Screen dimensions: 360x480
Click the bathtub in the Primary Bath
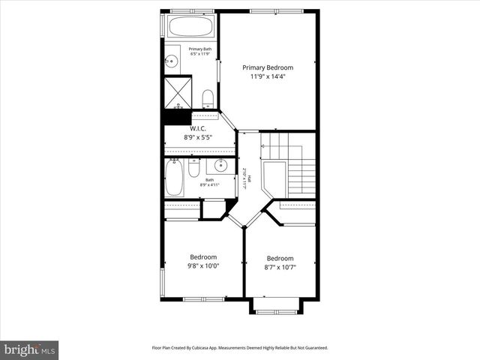click(x=190, y=26)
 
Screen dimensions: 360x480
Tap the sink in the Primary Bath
click(x=172, y=61)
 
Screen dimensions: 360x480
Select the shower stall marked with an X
click(x=178, y=93)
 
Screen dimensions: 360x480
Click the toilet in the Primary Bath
click(x=208, y=97)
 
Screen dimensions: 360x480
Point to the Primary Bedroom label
click(x=268, y=67)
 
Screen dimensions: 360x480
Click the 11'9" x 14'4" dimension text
click(x=268, y=76)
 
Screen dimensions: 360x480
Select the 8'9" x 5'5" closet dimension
click(x=198, y=137)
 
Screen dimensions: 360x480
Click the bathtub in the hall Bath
click(x=174, y=178)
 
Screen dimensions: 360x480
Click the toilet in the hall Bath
click(x=193, y=169)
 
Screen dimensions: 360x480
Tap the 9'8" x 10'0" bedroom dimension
click(x=203, y=265)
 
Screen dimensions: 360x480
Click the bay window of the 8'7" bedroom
click(x=276, y=308)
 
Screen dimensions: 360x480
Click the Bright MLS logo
click(x=30, y=349)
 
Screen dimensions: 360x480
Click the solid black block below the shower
click(x=178, y=116)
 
